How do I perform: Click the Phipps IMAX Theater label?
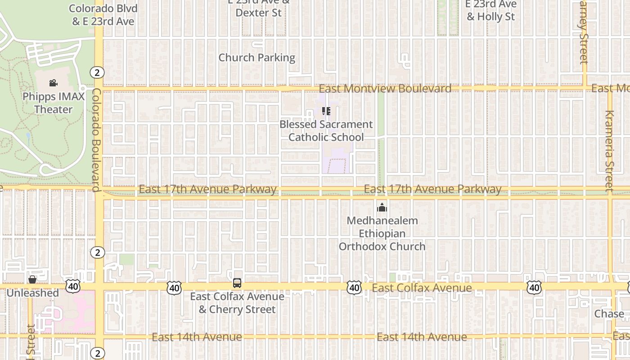tap(54, 103)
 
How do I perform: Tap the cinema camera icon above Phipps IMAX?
tap(54, 83)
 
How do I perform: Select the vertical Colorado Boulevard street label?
tap(96, 139)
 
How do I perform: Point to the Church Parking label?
tap(256, 58)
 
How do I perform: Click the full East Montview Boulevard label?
tap(385, 88)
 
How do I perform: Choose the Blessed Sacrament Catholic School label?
tap(326, 130)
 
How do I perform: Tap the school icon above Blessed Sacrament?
tap(326, 111)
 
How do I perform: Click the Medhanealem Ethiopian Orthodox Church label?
tap(382, 234)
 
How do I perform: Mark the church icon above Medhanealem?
tap(382, 207)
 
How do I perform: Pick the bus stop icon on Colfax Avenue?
tap(237, 283)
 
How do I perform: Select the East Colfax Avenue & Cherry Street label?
tap(237, 303)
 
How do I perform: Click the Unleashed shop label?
tap(32, 293)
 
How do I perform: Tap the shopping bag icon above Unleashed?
tap(32, 279)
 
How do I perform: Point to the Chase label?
tap(609, 314)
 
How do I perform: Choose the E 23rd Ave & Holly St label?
tap(490, 11)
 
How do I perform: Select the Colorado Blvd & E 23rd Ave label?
tap(103, 14)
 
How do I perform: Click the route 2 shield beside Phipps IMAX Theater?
tap(97, 72)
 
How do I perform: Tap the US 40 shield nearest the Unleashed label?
tap(72, 286)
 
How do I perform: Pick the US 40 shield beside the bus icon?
tap(174, 288)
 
